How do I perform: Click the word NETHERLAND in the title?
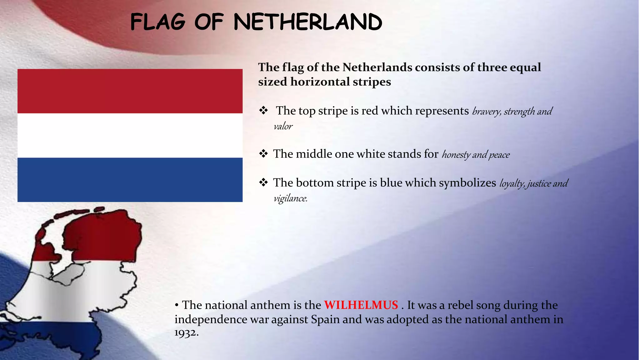coord(308,22)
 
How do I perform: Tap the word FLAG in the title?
coord(158,22)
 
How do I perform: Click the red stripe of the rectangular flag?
coord(130,91)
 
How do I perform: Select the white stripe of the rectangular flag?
coord(130,135)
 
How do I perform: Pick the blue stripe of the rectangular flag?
coord(130,180)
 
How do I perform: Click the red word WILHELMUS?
coord(361,305)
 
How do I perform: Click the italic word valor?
coord(283,127)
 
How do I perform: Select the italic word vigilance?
coord(290,198)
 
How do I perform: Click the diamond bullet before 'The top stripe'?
coord(263,110)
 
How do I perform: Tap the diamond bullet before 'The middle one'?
coord(263,154)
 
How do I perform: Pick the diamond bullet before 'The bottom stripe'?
coord(263,182)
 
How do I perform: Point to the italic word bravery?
coord(486,112)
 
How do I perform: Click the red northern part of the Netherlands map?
coord(103,237)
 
